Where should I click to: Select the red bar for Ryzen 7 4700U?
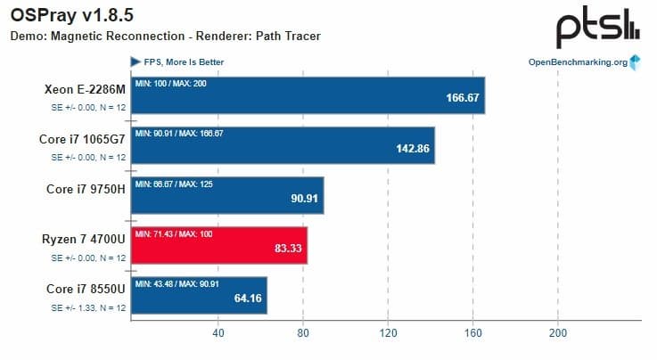click(x=218, y=246)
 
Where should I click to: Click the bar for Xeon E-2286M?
click(x=308, y=95)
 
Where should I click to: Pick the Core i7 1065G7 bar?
click(x=281, y=145)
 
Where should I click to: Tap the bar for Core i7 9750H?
click(x=226, y=196)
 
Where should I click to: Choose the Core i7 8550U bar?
click(x=199, y=296)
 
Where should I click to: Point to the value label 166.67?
click(x=463, y=98)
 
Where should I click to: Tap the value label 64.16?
click(x=247, y=299)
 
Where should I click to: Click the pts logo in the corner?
click(x=596, y=29)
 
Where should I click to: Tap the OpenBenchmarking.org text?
click(x=578, y=62)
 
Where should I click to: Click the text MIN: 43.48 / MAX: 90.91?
click(x=186, y=284)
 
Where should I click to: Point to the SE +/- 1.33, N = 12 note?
click(x=87, y=307)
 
